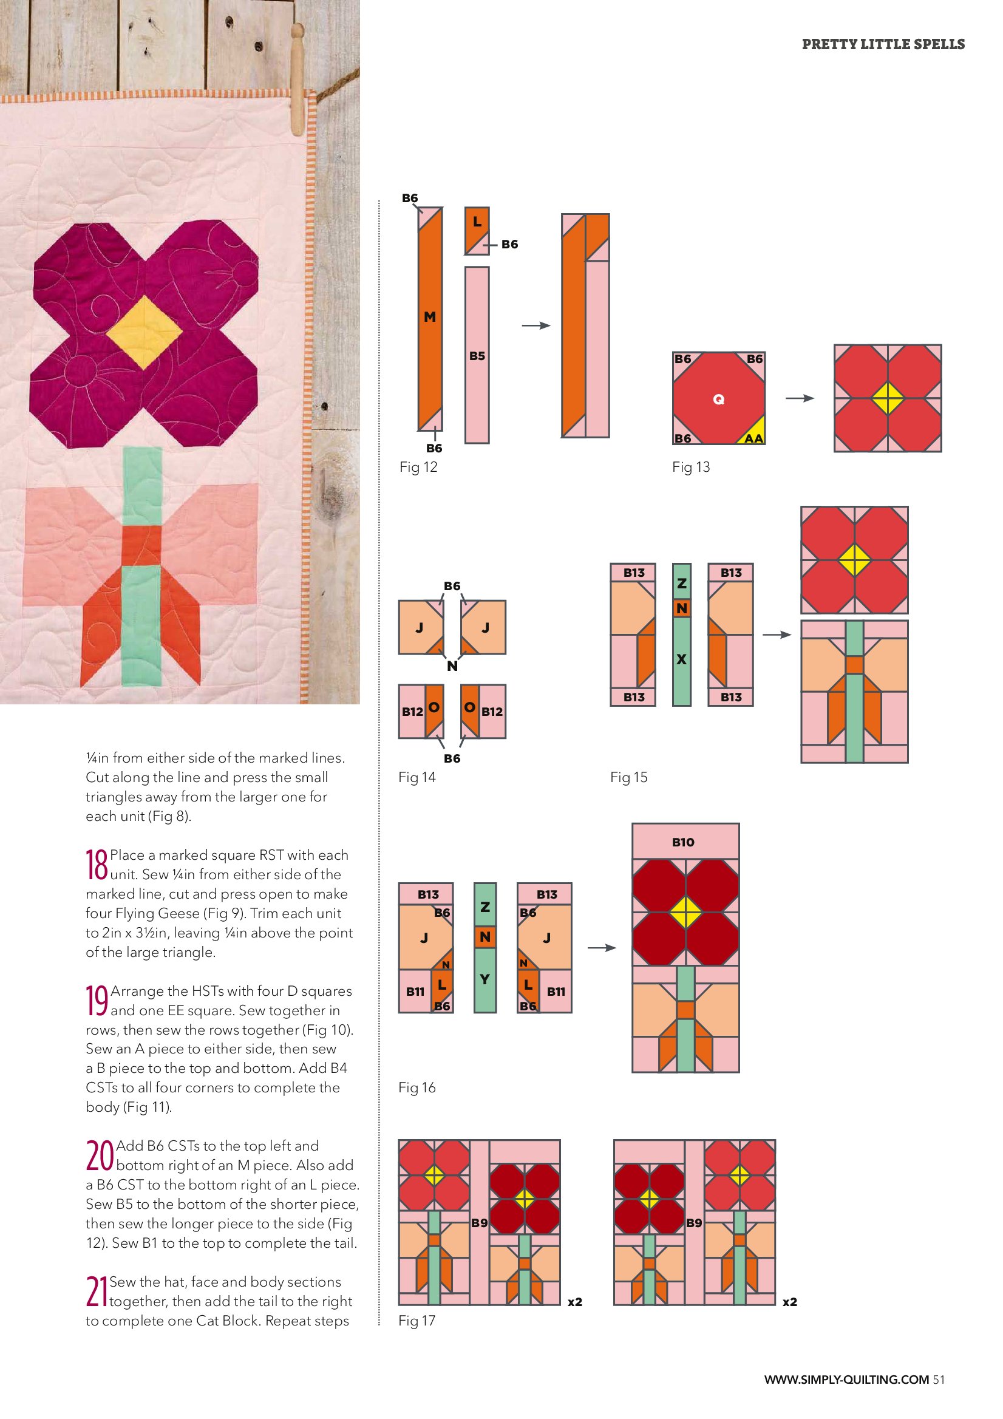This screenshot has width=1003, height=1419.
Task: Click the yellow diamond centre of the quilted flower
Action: tap(144, 333)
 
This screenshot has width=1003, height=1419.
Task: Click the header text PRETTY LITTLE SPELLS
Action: tap(883, 44)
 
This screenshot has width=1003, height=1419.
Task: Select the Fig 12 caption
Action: tap(418, 468)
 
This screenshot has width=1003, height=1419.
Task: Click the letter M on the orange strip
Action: tap(430, 317)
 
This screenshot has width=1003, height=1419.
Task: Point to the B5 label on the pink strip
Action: tap(477, 356)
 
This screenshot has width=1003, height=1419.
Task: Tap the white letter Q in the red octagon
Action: tap(719, 400)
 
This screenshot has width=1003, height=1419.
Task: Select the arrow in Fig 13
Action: tap(800, 399)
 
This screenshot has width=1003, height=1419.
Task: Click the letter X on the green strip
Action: tap(682, 659)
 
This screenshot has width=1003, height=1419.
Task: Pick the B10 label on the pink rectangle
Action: tap(683, 842)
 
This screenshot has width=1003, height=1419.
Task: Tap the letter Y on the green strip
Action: tap(485, 979)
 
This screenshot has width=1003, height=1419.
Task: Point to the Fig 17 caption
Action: tap(417, 1320)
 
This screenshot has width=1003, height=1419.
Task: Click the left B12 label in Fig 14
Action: tap(412, 712)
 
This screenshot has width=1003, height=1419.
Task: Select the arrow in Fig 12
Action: tap(535, 325)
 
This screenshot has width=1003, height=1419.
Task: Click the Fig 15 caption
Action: tap(629, 777)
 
